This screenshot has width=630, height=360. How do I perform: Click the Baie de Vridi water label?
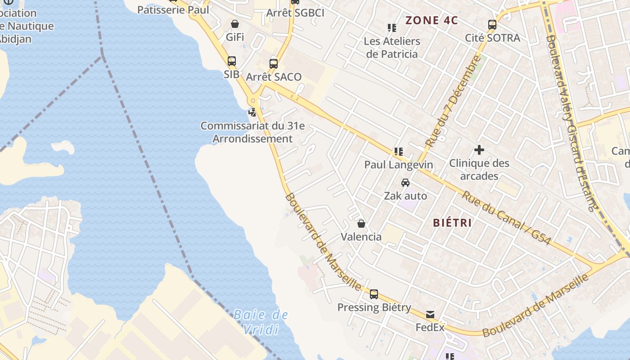pyautogui.click(x=261, y=322)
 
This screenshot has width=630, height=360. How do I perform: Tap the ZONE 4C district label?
pyautogui.click(x=432, y=20)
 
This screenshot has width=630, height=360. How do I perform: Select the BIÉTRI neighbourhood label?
pyautogui.click(x=452, y=222)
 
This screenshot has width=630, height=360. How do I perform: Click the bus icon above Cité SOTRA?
pyautogui.click(x=492, y=25)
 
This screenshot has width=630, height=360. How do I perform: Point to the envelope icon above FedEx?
pyautogui.click(x=430, y=315)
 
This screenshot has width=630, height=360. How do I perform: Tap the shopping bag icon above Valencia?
pyautogui.click(x=361, y=224)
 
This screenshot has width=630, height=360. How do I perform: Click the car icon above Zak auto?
pyautogui.click(x=405, y=183)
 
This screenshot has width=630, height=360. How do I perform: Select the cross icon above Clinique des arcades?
pyautogui.click(x=479, y=150)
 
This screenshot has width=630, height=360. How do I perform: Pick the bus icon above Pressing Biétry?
pyautogui.click(x=374, y=294)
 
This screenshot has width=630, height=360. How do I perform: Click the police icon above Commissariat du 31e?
pyautogui.click(x=253, y=112)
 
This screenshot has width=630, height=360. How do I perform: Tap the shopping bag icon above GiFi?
pyautogui.click(x=235, y=24)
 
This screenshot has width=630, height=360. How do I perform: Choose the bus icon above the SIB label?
pyautogui.click(x=232, y=61)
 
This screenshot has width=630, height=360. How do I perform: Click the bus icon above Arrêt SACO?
pyautogui.click(x=274, y=63)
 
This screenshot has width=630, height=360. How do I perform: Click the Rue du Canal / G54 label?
pyautogui.click(x=506, y=218)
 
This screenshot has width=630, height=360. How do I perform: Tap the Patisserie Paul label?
pyautogui.click(x=173, y=10)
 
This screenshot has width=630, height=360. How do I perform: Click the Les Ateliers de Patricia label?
pyautogui.click(x=392, y=48)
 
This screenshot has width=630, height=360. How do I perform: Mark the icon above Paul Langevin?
pyautogui.click(x=398, y=152)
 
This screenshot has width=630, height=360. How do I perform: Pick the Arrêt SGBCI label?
pyautogui.click(x=295, y=13)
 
